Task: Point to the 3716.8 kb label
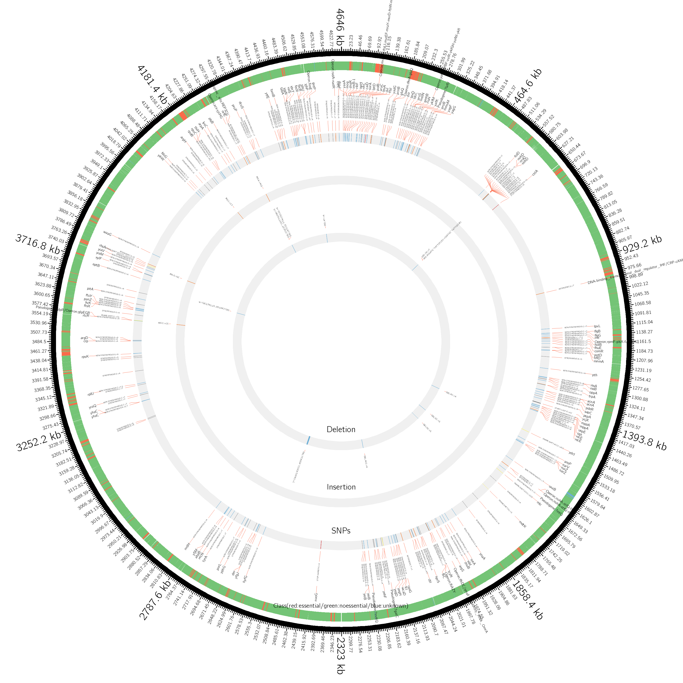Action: [38, 244]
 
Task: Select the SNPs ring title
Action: [341, 531]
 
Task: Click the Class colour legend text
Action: [341, 606]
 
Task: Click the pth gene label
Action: [595, 375]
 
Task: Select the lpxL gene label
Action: [597, 326]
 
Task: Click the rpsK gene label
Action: [85, 357]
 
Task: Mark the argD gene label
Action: [84, 338]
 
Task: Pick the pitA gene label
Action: [90, 289]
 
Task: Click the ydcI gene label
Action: [572, 453]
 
